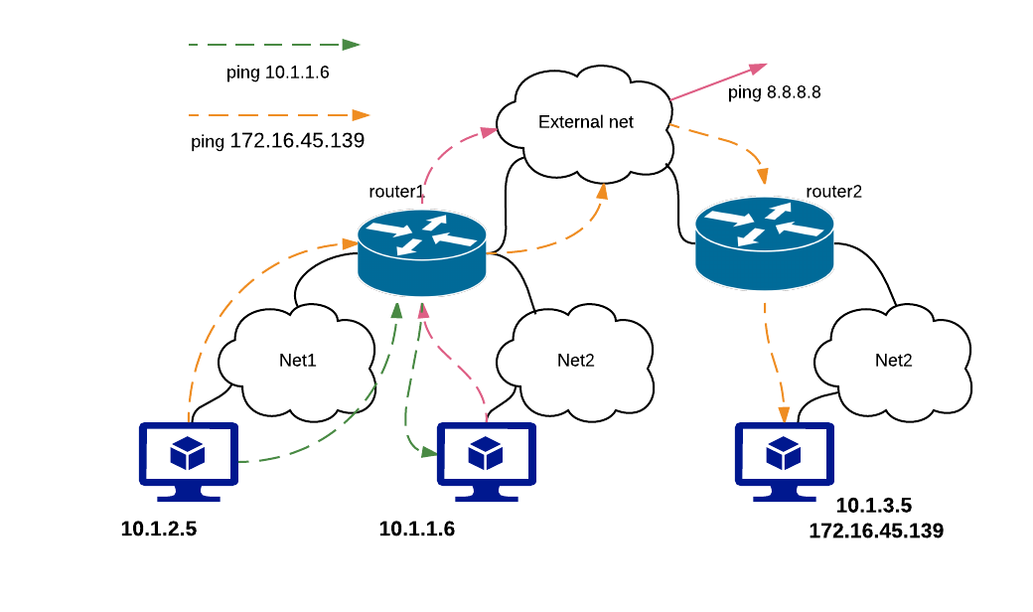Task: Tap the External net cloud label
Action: [586, 122]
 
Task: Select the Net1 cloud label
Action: [298, 360]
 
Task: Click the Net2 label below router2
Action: [893, 360]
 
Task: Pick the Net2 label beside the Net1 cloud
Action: [575, 360]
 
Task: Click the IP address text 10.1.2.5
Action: [159, 529]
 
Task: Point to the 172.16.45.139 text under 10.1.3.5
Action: [876, 532]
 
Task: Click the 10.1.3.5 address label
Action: [874, 505]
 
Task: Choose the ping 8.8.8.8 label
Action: [775, 93]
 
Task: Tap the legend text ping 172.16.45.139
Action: [278, 141]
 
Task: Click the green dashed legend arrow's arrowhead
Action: [351, 45]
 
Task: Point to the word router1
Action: [396, 191]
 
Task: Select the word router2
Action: [833, 191]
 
